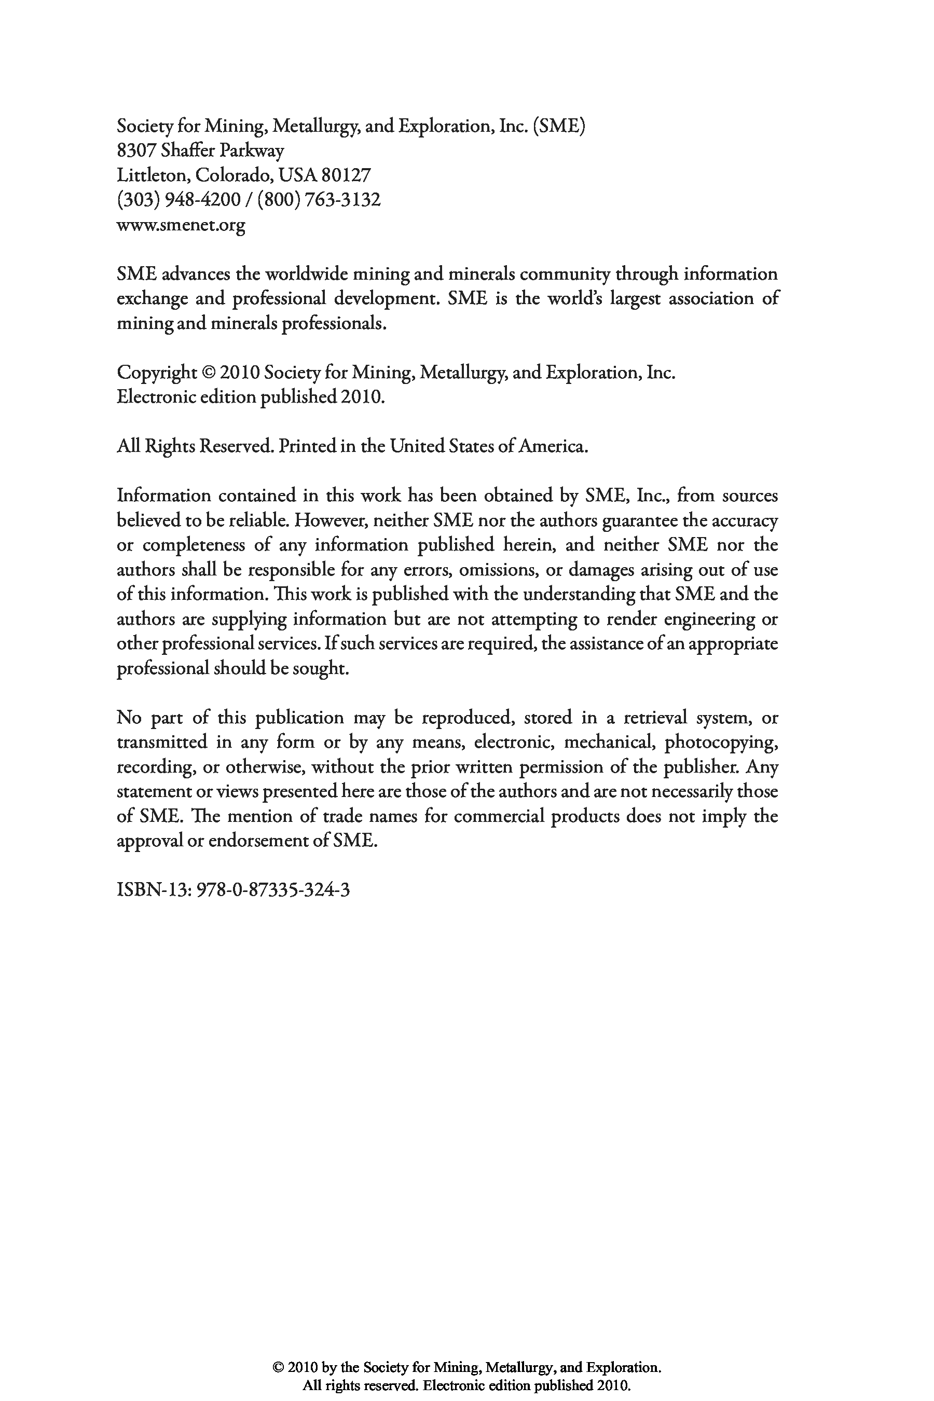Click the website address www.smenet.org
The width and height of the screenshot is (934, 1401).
181,225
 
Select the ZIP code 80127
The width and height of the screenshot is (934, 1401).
346,175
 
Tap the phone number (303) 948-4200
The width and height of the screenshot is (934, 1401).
178,200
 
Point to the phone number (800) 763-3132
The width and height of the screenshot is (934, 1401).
319,200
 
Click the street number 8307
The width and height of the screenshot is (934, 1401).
136,150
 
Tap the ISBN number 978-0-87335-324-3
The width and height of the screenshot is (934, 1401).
273,890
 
